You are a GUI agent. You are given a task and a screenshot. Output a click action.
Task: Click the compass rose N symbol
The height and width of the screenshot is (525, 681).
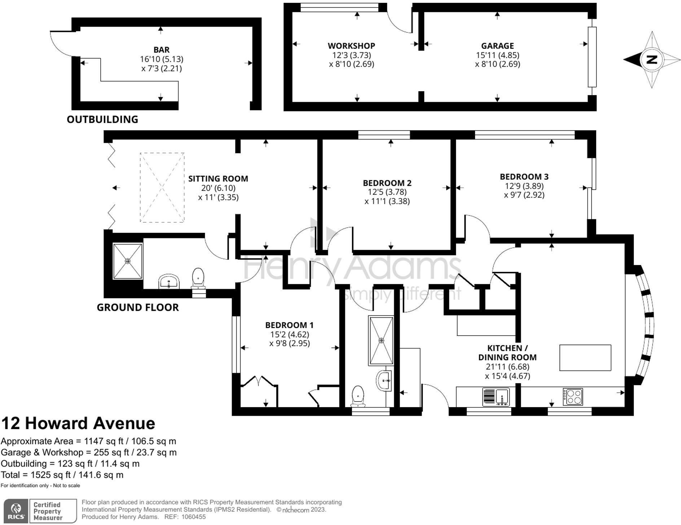(651, 59)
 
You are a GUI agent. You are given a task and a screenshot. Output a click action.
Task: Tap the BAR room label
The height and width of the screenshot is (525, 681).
(161, 50)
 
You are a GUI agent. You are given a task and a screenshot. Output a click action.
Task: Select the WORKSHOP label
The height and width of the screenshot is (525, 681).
(351, 46)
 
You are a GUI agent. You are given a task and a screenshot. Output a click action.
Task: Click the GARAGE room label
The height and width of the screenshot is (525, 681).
(497, 46)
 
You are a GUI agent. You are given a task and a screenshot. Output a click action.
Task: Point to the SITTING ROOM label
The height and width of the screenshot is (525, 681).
(218, 178)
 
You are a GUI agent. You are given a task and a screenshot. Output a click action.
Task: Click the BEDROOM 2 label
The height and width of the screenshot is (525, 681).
(387, 183)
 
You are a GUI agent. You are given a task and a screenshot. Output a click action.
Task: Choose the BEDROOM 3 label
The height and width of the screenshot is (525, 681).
(524, 177)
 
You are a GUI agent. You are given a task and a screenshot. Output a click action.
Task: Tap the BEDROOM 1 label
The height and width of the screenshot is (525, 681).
(289, 325)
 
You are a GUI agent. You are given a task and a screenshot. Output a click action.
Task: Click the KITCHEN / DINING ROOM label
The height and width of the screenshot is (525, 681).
(508, 353)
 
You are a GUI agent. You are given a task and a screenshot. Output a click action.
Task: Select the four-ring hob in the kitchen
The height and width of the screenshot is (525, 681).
(573, 397)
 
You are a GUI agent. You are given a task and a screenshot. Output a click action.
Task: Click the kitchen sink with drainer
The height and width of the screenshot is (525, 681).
(496, 397)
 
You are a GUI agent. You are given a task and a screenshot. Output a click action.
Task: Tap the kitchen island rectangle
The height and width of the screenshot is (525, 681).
(585, 358)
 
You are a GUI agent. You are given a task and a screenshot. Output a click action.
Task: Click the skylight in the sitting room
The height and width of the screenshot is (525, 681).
(162, 187)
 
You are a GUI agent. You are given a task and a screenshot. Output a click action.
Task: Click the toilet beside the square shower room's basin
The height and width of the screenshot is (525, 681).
(198, 278)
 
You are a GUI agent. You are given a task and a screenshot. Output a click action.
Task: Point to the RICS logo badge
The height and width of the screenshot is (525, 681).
(16, 511)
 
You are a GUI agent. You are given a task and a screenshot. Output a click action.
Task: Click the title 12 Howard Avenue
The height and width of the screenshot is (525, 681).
(78, 423)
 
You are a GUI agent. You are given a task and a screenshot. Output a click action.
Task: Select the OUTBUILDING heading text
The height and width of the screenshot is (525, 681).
(102, 119)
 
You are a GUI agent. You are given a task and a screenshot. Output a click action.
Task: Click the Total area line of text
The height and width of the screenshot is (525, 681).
(62, 475)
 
